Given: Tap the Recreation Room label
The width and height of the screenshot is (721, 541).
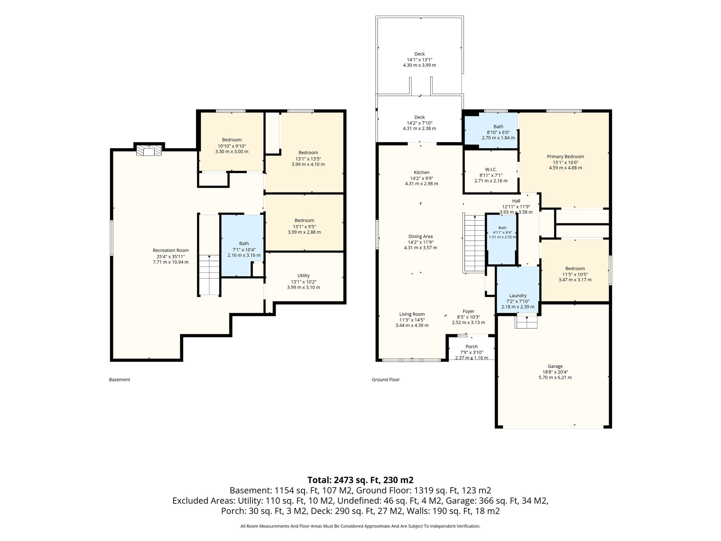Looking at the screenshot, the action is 171,250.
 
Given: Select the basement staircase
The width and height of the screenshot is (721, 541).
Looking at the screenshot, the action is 209,275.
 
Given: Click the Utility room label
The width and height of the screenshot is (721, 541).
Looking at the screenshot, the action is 303,275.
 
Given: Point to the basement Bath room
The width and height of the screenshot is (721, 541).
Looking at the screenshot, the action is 242,245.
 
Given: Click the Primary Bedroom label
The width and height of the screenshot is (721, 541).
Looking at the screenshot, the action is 565,157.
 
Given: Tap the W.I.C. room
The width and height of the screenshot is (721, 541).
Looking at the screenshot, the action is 491,172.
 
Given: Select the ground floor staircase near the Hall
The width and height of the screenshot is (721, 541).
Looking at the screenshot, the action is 474,243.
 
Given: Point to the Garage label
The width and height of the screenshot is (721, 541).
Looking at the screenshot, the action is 555,366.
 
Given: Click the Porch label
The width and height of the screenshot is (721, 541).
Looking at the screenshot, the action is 472,347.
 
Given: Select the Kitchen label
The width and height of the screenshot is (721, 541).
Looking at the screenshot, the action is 421,173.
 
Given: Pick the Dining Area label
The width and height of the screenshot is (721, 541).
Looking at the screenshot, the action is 421,237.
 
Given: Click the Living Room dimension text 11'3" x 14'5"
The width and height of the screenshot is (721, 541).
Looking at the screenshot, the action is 412,320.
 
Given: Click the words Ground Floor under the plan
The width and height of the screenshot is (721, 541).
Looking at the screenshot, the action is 386,380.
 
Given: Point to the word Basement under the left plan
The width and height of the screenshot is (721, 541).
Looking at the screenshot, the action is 119,380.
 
